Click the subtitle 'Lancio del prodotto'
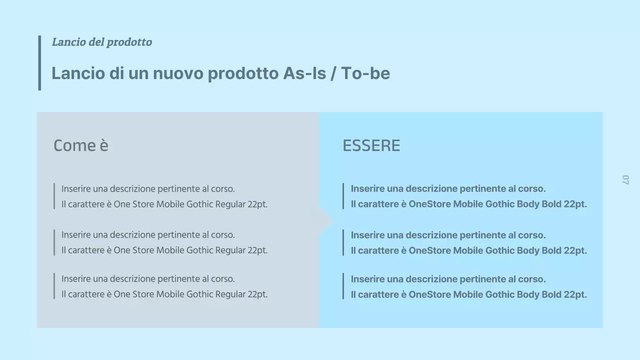tap(102, 42)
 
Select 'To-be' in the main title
tap(365, 73)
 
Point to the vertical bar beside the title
tap(39, 63)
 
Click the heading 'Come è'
tap(81, 145)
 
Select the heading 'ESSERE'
tap(371, 145)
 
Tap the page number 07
tap(625, 179)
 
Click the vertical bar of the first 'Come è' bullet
tap(54, 196)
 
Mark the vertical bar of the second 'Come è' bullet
tap(54, 242)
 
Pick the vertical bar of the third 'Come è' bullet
tap(54, 286)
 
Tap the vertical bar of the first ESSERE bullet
tap(343, 196)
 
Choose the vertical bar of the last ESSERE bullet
tap(343, 286)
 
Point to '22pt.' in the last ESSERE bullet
tap(575, 294)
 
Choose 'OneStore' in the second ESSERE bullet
tap(429, 250)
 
